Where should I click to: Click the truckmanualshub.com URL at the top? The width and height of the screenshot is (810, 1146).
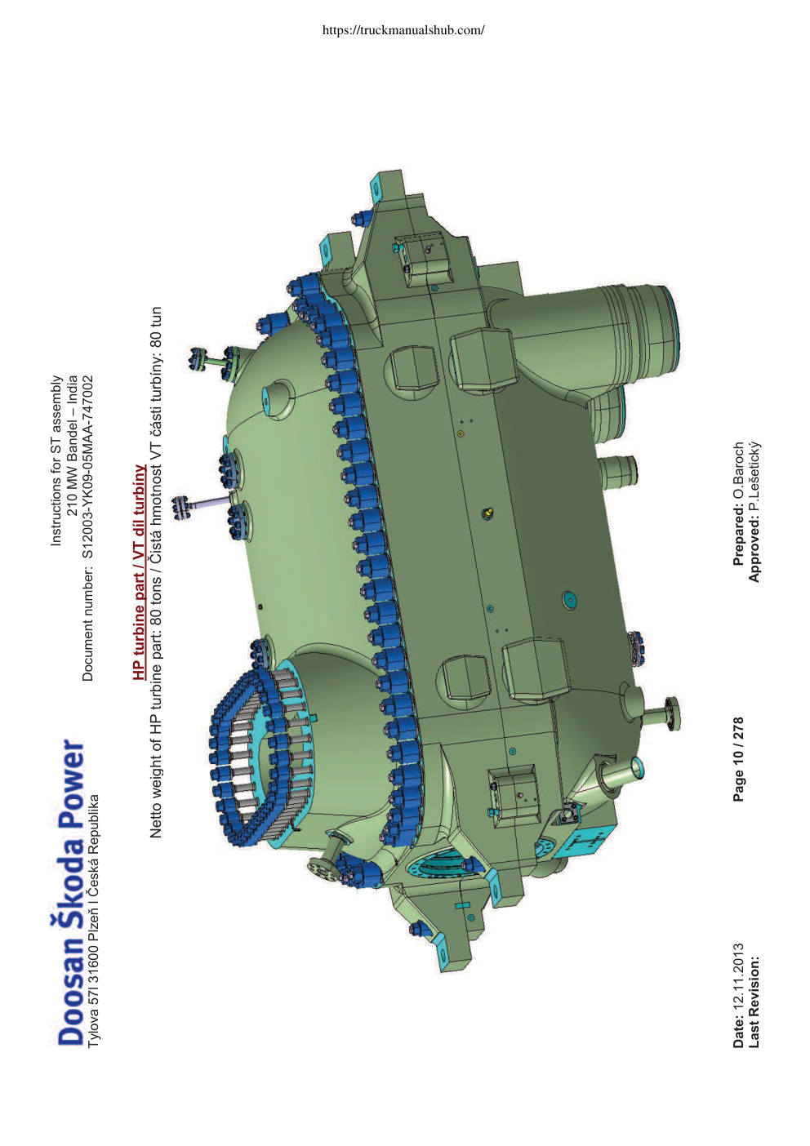(403, 30)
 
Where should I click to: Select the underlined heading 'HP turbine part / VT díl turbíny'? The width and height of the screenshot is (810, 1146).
(139, 572)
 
